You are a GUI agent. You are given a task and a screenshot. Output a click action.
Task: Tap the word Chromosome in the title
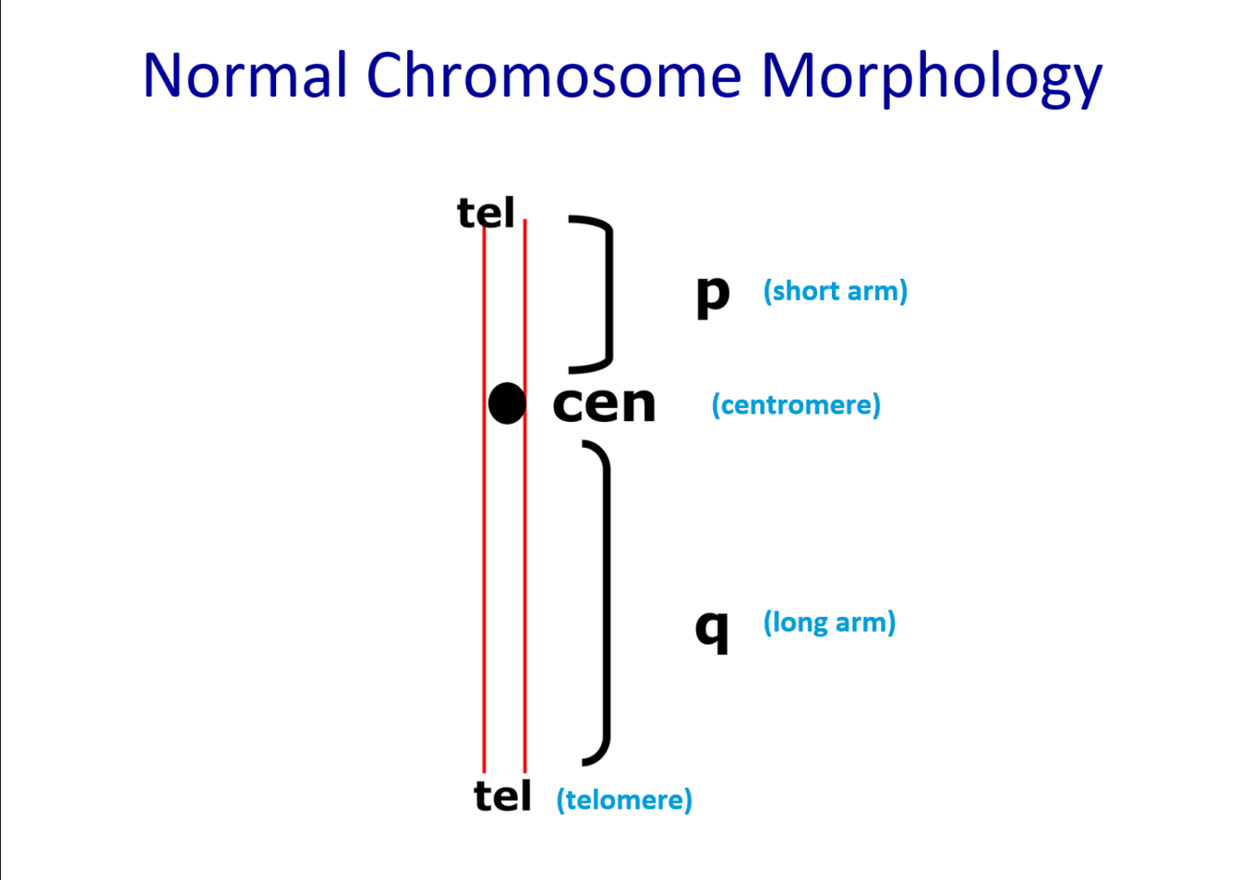coord(554,75)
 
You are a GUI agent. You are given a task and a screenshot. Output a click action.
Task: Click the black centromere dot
coord(507,403)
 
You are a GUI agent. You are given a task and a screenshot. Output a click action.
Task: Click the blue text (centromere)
coord(796,405)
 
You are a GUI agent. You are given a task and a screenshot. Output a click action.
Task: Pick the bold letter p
coord(713,295)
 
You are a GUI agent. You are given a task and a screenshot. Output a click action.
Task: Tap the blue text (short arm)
coord(835,291)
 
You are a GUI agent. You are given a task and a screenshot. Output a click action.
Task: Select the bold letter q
coord(712,629)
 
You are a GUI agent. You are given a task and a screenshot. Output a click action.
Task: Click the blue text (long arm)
coord(829,622)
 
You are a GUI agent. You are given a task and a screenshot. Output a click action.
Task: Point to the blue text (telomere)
coord(624,799)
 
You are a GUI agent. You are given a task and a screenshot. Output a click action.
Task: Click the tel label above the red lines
coord(485,213)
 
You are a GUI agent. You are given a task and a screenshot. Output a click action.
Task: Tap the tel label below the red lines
coord(502,796)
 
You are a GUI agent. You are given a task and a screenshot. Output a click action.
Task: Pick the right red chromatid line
coord(525,558)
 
